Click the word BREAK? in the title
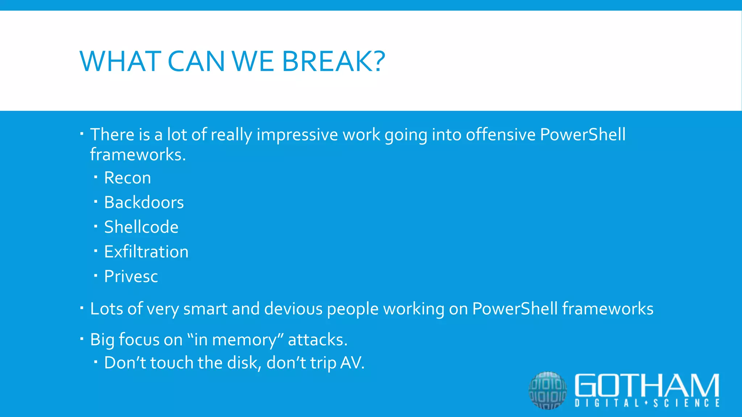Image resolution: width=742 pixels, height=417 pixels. pos(333,61)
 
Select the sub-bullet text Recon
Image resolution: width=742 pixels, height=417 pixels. pos(128,178)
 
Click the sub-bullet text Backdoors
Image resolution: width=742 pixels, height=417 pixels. pos(144,202)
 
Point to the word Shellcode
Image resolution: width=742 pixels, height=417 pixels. pos(141,227)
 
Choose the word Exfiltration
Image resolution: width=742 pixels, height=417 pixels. pos(146,252)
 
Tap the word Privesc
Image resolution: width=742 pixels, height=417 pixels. pos(131,276)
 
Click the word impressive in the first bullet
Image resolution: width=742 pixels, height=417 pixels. pos(297,135)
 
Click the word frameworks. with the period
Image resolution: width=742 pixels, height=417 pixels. pos(138,155)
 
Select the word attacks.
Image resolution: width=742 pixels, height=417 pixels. pos(318,340)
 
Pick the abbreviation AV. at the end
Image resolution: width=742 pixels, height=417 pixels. pos(352,363)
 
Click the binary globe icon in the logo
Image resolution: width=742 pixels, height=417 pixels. pos(547,391)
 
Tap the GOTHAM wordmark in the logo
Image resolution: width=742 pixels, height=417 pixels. pos(647,386)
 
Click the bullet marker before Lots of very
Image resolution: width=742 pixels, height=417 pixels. pos(82,308)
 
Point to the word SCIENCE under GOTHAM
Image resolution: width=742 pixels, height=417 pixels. pos(687,403)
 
